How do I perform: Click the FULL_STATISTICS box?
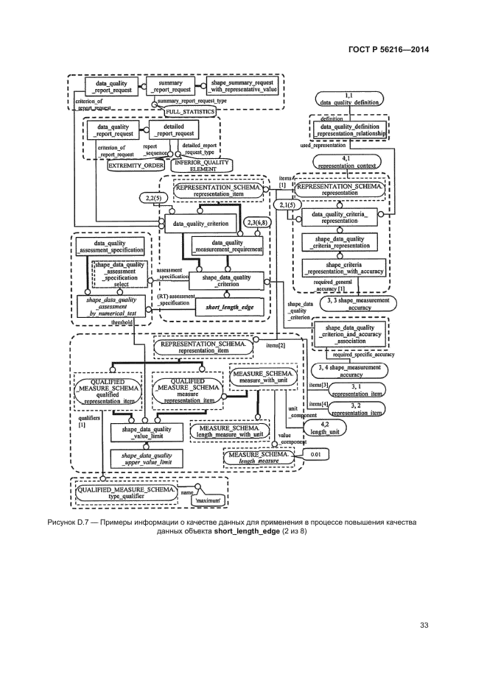[x=189, y=111]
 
